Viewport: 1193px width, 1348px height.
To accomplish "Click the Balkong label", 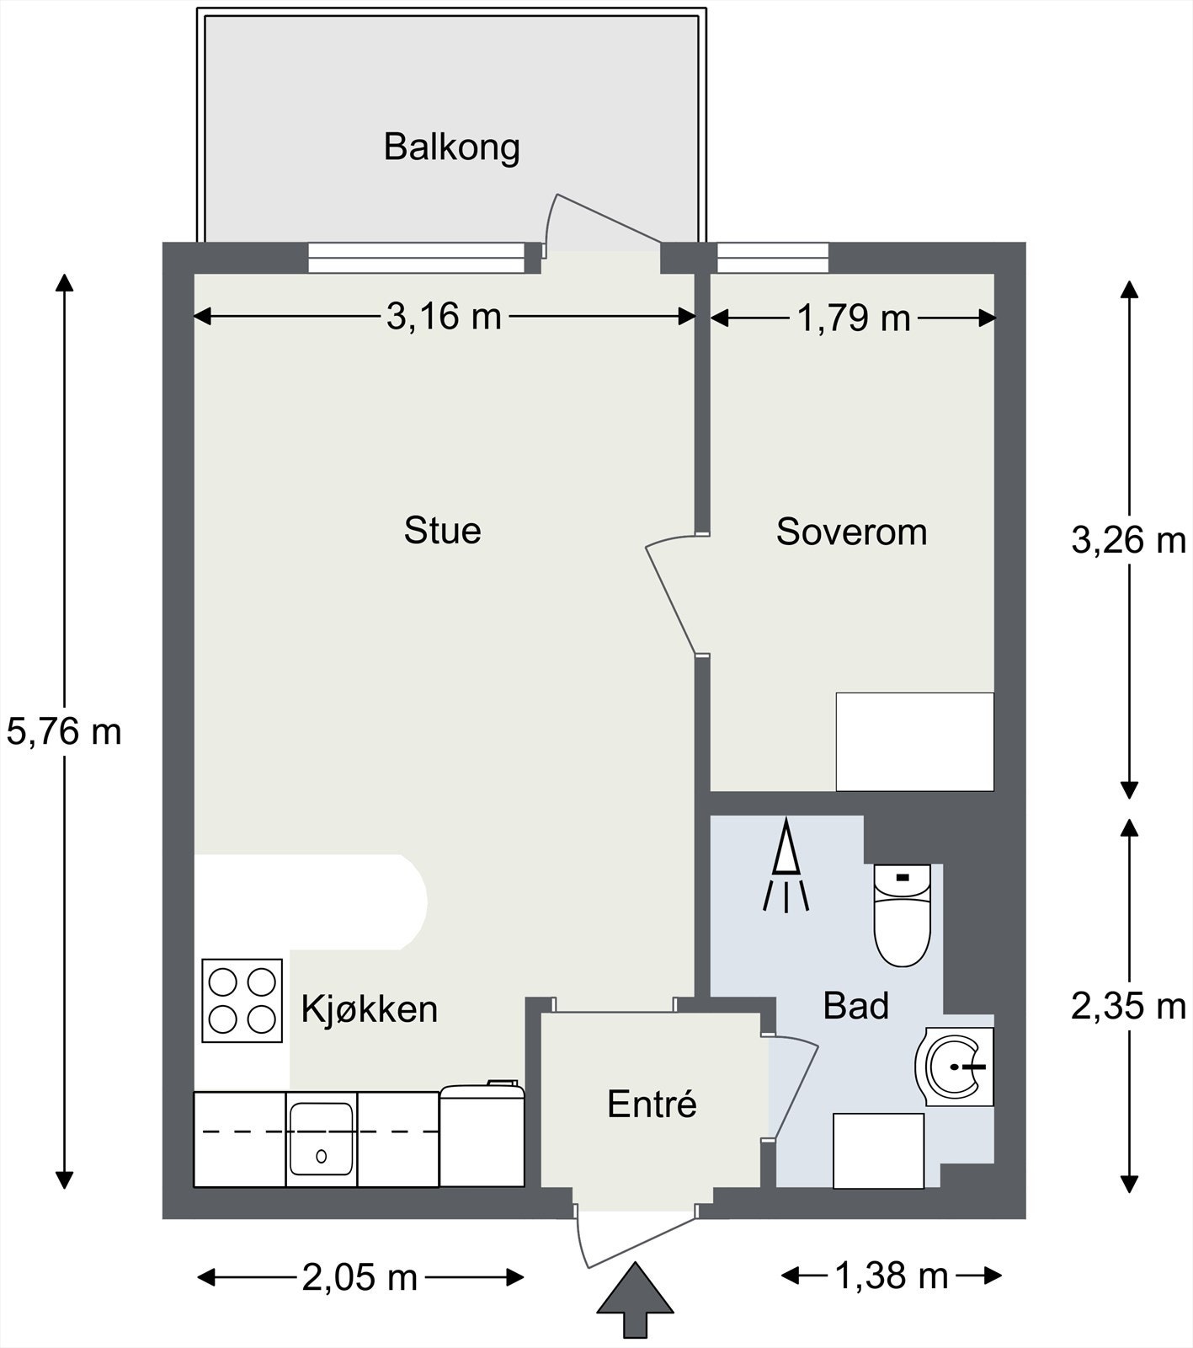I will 451,147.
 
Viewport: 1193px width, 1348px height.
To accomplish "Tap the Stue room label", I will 442,531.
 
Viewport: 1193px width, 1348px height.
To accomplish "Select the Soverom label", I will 851,532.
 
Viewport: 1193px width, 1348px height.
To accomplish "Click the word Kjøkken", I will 370,1008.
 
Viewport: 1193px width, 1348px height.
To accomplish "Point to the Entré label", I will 652,1104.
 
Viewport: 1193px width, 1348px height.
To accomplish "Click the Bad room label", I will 855,1006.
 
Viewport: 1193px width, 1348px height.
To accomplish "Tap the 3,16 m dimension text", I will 444,317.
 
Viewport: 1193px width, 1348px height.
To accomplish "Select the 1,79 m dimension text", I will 854,318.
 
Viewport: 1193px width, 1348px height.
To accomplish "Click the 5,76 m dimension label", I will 64,731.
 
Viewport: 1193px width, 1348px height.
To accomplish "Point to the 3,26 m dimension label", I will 1128,540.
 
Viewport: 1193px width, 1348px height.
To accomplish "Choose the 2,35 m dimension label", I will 1128,1006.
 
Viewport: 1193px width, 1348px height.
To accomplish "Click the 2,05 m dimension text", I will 359,1278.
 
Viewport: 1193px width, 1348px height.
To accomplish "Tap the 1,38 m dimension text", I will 891,1276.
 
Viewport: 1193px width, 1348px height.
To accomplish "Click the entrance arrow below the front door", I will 635,1303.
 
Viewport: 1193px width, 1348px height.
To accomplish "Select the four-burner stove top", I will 242,1000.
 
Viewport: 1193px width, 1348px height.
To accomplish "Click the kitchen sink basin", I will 321,1139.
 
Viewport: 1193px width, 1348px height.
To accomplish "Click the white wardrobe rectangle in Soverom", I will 914,741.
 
